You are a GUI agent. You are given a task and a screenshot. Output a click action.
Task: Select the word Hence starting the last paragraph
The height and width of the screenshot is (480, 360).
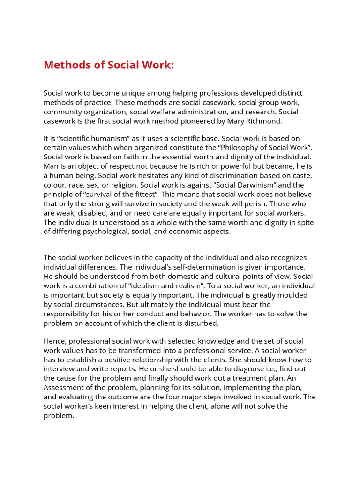coord(54,341)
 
